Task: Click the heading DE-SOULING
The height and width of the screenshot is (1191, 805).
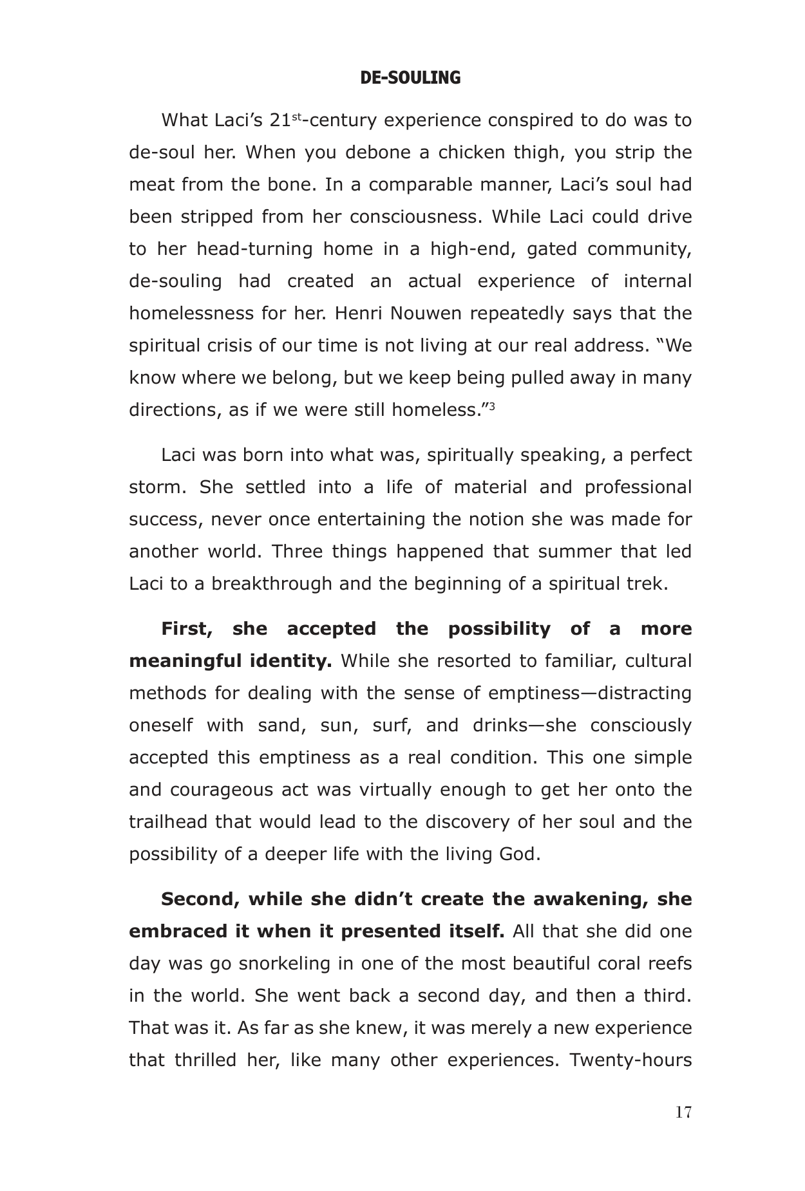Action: (410, 79)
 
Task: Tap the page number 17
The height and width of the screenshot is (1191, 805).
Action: (683, 1112)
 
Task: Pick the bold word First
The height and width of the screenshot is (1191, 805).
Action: (186, 629)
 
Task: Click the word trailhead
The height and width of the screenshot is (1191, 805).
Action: (169, 822)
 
